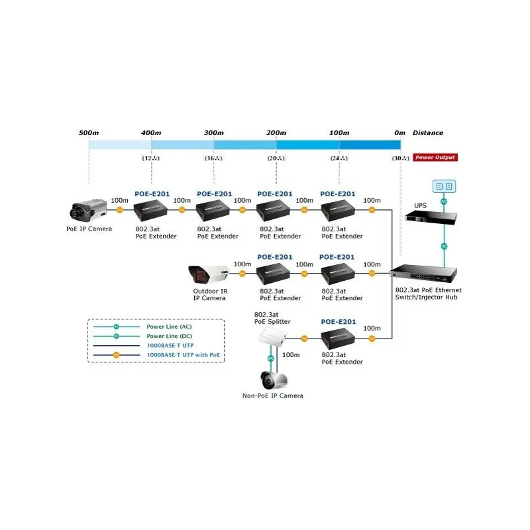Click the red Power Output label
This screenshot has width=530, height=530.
coord(435,158)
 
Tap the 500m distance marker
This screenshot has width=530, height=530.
coord(89,132)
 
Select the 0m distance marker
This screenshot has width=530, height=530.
coord(399,132)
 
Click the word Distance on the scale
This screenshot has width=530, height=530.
coord(428,132)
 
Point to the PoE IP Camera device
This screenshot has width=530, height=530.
coord(89,210)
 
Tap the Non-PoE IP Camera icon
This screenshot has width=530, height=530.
coord(272,380)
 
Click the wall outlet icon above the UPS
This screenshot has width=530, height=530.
coord(444,186)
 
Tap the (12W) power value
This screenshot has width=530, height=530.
coord(151,158)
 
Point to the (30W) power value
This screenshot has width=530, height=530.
coord(400,158)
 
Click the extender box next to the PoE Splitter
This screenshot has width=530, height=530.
coord(339,341)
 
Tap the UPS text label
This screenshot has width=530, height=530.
coord(420,206)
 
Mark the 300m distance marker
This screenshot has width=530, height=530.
coord(213,132)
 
